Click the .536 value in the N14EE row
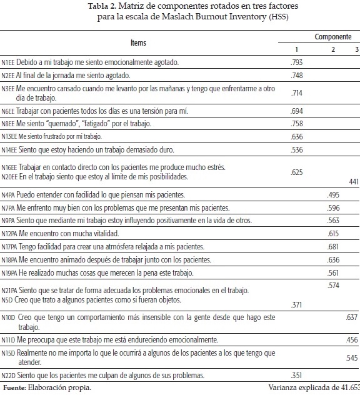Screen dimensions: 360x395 coord(297,150)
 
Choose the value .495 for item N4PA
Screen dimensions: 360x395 coord(333,195)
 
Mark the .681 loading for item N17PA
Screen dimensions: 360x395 coord(333,247)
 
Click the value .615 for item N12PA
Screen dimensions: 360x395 coord(333,233)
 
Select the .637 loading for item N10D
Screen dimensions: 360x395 coord(351,318)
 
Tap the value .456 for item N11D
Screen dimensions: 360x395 coord(351,339)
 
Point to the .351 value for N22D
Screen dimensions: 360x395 coord(297,376)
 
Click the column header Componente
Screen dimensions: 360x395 coord(332,37)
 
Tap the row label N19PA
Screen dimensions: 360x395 coord(9,272)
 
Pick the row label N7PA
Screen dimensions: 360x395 coord(9,207)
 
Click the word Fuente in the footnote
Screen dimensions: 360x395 coord(14,388)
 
